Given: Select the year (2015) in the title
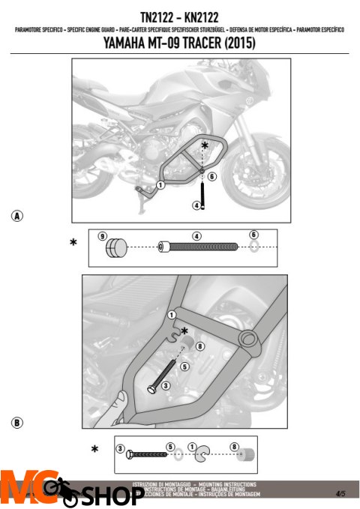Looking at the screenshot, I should click(x=236, y=43).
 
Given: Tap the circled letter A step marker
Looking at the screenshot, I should click(x=16, y=216).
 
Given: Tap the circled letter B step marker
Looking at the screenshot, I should click(x=16, y=423).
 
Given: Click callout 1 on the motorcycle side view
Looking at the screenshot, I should click(x=160, y=184).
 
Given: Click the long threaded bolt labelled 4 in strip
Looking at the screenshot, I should click(x=199, y=246).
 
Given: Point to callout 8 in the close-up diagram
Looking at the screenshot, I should click(x=199, y=346).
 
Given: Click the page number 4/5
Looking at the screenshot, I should click(x=340, y=493).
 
